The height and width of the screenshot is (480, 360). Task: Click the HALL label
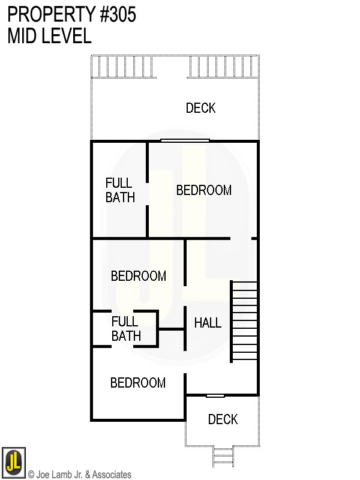[x=208, y=323]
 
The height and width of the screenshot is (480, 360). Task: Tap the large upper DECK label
[x=201, y=108]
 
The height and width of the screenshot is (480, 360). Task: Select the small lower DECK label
[x=223, y=419]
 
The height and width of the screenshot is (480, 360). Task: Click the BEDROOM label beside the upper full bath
[x=204, y=190]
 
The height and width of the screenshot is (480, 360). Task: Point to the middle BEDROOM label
[x=139, y=276]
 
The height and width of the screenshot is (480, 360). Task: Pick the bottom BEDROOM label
[x=138, y=383]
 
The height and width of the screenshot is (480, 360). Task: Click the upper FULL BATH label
[x=121, y=190]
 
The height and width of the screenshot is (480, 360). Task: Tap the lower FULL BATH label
[x=126, y=329]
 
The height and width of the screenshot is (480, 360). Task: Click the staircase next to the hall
[x=244, y=322]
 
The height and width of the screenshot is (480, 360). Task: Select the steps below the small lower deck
[x=223, y=457]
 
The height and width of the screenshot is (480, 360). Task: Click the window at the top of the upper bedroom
[x=185, y=140]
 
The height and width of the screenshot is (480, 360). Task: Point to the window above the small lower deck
[x=215, y=396]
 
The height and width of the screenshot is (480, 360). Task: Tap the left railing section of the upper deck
[x=124, y=67]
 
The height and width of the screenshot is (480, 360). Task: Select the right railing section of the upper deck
[x=223, y=67]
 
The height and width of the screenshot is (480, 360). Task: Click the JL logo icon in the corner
[x=14, y=463]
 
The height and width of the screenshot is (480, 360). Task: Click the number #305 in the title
[x=118, y=14]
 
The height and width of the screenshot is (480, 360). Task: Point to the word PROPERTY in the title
[x=52, y=14]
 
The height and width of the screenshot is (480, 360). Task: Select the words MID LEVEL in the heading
[x=49, y=35]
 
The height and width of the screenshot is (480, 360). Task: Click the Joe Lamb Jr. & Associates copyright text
[x=80, y=475]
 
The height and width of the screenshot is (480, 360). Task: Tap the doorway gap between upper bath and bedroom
[x=147, y=194]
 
